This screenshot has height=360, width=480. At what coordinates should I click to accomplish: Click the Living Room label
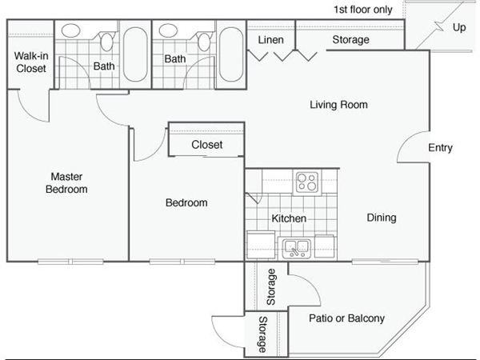[x=338, y=105]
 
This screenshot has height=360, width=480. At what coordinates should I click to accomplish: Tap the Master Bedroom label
[x=66, y=182]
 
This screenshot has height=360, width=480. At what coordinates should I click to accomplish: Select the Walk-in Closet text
[x=31, y=62]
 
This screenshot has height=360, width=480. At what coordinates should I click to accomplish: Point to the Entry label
[x=440, y=147]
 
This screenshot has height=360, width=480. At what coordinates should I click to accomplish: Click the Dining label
[x=382, y=218]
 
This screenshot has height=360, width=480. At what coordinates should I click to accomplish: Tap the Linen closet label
[x=270, y=40]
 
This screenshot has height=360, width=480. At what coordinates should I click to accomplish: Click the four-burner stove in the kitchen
[x=307, y=182]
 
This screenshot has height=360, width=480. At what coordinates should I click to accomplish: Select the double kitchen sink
[x=296, y=248]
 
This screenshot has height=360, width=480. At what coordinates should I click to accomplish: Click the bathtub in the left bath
[x=135, y=54]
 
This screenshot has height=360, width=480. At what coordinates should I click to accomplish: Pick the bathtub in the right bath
[x=231, y=54]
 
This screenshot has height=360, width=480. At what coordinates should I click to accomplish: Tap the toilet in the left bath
[x=106, y=41]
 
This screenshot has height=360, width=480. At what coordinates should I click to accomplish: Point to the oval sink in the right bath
[x=168, y=30]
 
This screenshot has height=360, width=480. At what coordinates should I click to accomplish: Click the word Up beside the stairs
[x=459, y=27]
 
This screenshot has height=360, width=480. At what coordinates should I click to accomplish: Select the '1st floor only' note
[x=362, y=10]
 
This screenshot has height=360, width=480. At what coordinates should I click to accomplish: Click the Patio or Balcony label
[x=346, y=318]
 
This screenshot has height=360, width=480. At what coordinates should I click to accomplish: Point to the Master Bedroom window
[x=70, y=262]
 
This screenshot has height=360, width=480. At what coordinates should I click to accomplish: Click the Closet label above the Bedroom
[x=207, y=145]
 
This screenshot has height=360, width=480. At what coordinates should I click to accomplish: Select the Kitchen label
[x=289, y=218]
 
